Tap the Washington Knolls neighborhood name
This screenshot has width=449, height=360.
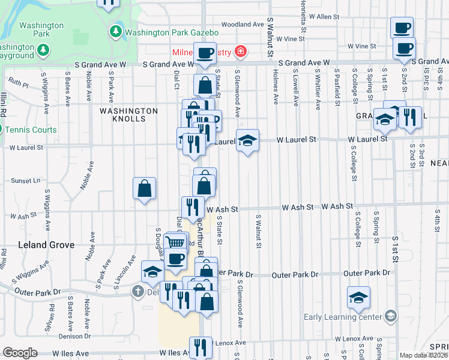(128, 115)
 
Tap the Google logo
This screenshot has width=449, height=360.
(20, 353)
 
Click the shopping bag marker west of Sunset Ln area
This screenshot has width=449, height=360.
(145, 188)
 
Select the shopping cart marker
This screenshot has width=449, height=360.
(175, 242)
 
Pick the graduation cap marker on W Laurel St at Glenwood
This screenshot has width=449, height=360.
(247, 140)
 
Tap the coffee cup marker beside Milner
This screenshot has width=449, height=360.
(204, 53)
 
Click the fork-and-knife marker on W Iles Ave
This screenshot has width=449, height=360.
(200, 347)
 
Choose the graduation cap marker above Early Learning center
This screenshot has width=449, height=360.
(358, 297)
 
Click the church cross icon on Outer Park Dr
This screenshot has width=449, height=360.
(137, 292)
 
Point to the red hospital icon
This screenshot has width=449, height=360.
(241, 52)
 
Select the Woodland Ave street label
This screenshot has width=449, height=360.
(243, 25)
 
